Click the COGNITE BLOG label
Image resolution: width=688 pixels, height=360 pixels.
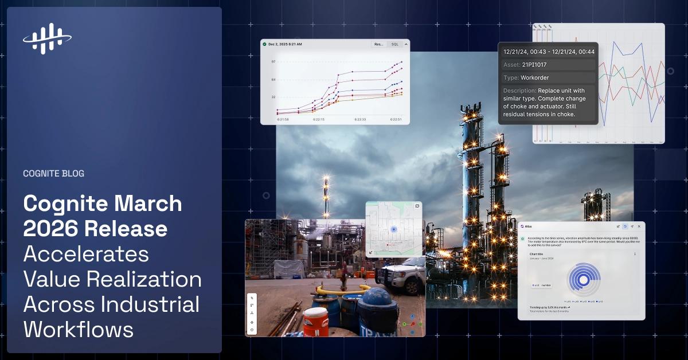pos(53,173)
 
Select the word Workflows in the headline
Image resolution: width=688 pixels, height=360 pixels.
pos(78,330)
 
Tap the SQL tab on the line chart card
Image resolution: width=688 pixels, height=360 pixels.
pos(394,44)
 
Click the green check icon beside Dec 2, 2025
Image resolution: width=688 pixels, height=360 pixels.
pos(264,44)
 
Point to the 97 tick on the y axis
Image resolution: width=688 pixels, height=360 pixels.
pos(273,61)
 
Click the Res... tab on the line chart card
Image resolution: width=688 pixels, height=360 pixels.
pos(378,44)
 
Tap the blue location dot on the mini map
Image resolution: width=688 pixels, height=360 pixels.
pos(393,229)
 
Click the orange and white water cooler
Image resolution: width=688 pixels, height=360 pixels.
pos(315,322)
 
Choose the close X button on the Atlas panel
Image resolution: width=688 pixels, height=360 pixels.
pos(639,226)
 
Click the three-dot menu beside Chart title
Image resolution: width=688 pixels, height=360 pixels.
pos(635,253)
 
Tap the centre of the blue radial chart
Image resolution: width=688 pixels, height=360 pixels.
pos(583,280)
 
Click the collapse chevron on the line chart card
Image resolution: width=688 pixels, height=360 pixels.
pos(406,44)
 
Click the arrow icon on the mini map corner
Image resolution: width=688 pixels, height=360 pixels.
pos(371,252)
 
